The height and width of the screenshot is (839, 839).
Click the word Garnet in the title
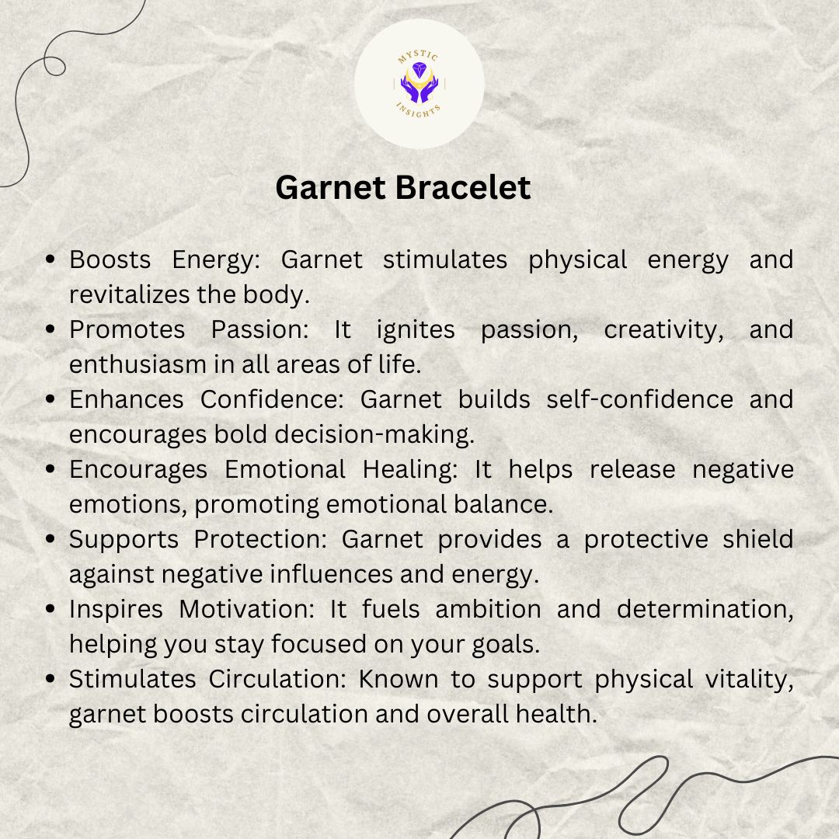tap(331, 188)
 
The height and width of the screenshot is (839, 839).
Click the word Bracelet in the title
tap(463, 188)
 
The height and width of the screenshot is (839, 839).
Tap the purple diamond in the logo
tap(419, 70)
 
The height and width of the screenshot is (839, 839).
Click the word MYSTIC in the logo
tap(419, 56)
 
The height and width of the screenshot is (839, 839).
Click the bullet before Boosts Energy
tap(50, 259)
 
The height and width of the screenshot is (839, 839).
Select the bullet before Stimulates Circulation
tap(50, 679)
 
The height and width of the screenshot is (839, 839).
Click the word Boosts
tap(110, 259)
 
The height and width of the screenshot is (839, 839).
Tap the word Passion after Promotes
tap(260, 329)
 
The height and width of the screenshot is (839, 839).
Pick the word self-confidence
tap(639, 399)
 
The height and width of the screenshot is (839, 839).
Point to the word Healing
tap(410, 470)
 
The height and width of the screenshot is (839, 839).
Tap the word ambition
tap(488, 609)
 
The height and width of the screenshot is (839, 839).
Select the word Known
tap(398, 679)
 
